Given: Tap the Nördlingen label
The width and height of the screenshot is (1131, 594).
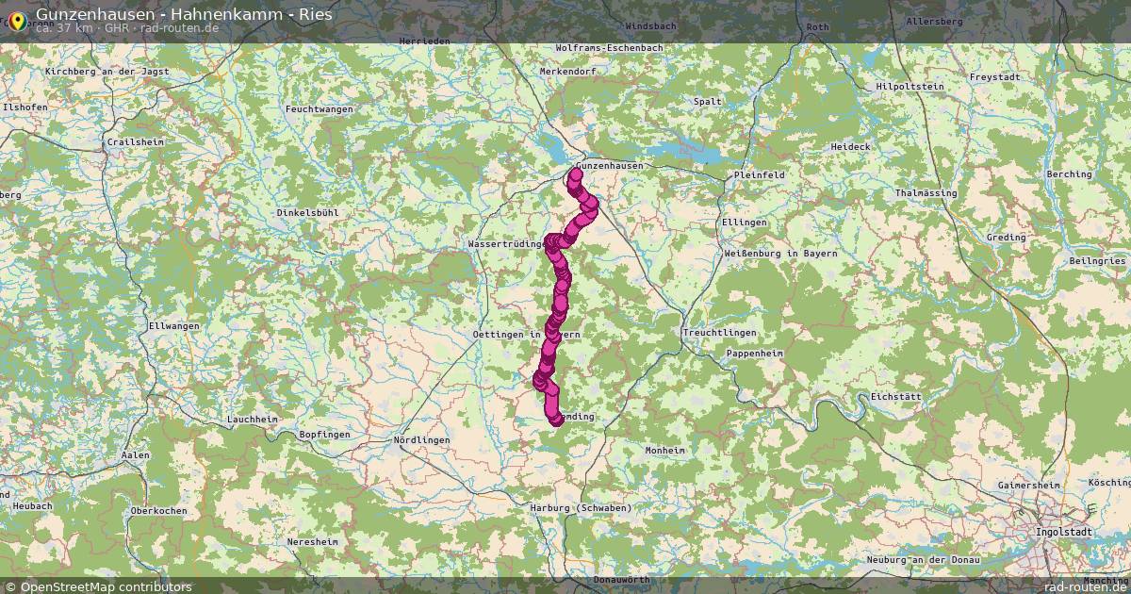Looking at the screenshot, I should point(421,440).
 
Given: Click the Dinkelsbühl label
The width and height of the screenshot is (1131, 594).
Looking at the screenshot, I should point(307,213).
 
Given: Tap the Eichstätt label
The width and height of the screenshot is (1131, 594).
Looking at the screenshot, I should point(896,397).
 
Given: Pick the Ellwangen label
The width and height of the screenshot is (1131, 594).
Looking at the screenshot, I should point(173,325).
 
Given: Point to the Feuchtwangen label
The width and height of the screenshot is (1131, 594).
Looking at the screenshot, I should point(319,109).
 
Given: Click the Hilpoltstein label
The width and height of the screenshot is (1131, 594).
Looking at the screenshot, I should point(910,86).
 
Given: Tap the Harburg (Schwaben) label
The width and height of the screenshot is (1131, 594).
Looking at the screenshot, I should point(581,508).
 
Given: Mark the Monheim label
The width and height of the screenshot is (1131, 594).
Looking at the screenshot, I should point(664,451).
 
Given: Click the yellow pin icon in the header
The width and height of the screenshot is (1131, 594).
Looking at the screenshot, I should point(16,19).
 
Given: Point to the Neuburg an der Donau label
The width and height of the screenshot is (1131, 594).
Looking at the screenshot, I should point(924,560).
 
